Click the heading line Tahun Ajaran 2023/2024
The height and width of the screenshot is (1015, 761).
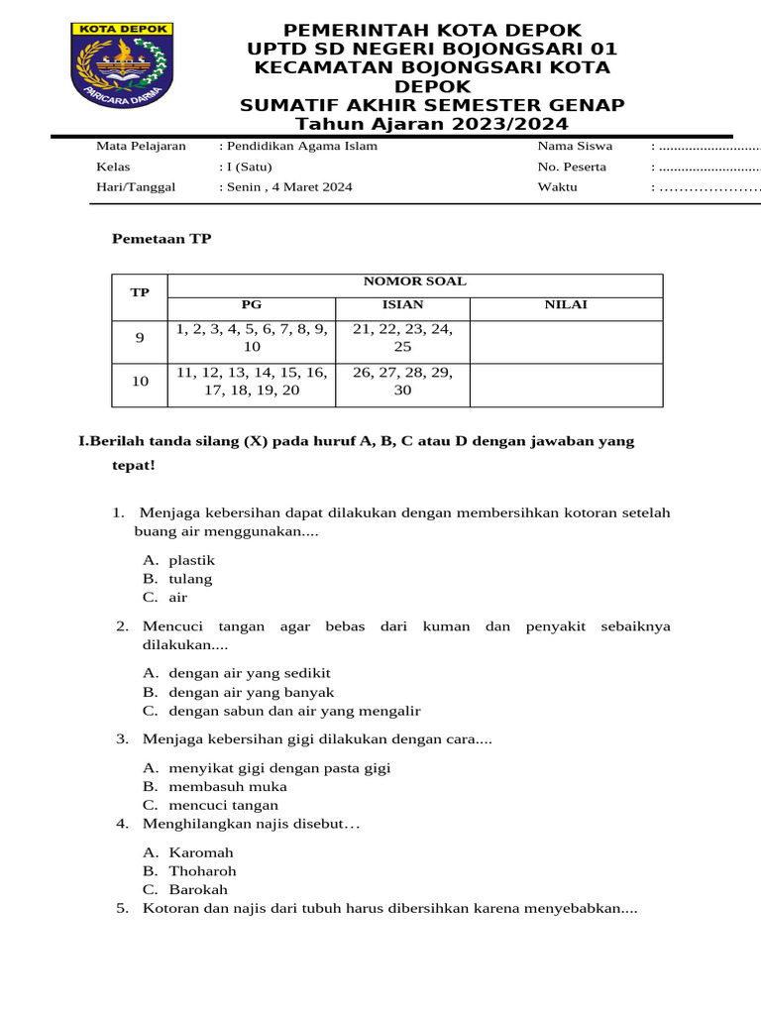(432, 124)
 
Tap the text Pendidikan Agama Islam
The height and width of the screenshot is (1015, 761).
(300, 146)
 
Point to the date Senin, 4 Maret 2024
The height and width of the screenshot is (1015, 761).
(287, 186)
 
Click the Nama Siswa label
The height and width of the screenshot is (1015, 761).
(575, 146)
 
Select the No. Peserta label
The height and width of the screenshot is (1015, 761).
(572, 167)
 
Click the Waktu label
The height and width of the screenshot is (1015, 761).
(557, 186)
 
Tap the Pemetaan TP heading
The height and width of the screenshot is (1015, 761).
(162, 239)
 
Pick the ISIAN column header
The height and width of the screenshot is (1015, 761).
(402, 304)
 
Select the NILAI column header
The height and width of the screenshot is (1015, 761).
(566, 304)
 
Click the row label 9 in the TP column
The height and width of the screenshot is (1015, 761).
(140, 338)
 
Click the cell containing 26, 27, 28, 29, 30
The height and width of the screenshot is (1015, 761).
(402, 381)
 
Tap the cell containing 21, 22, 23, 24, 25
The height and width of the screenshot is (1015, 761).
(402, 338)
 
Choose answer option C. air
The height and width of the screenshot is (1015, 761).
(165, 598)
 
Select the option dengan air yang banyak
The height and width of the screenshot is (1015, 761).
(251, 692)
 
